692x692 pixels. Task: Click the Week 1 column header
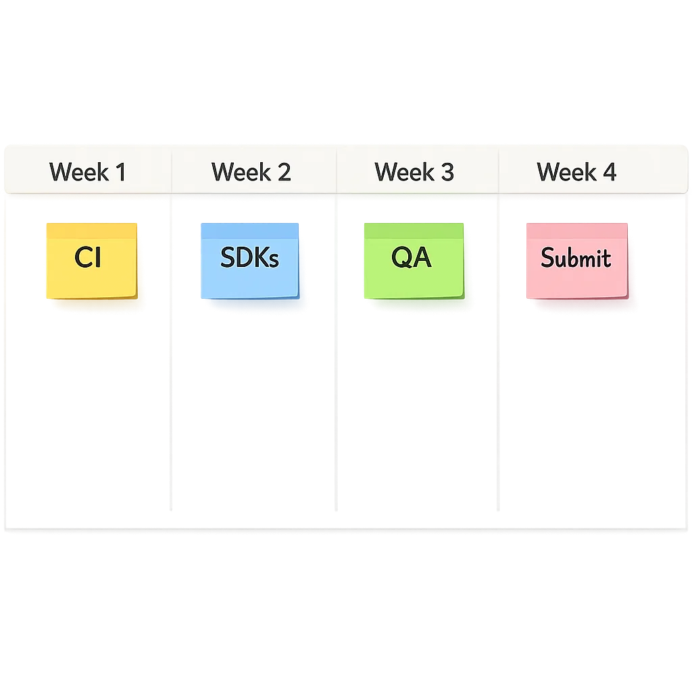pos(88,172)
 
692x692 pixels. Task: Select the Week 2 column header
pos(251,172)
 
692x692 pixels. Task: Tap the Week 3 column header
pos(414,172)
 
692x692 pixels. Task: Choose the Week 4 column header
pos(576,172)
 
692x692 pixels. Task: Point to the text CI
pos(88,257)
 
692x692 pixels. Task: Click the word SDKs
pos(249,257)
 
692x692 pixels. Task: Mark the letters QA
pos(412,257)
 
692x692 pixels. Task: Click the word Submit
pos(576,257)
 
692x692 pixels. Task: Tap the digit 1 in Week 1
pos(120,172)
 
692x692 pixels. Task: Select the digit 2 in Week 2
pos(284,172)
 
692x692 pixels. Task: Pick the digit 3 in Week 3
pos(447,172)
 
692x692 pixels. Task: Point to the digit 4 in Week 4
pos(610,172)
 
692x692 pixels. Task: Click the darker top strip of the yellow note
pos(91,230)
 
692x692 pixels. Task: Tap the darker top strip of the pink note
pos(576,231)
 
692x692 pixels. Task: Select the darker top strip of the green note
pos(413,230)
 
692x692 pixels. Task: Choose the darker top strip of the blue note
pos(249,230)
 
